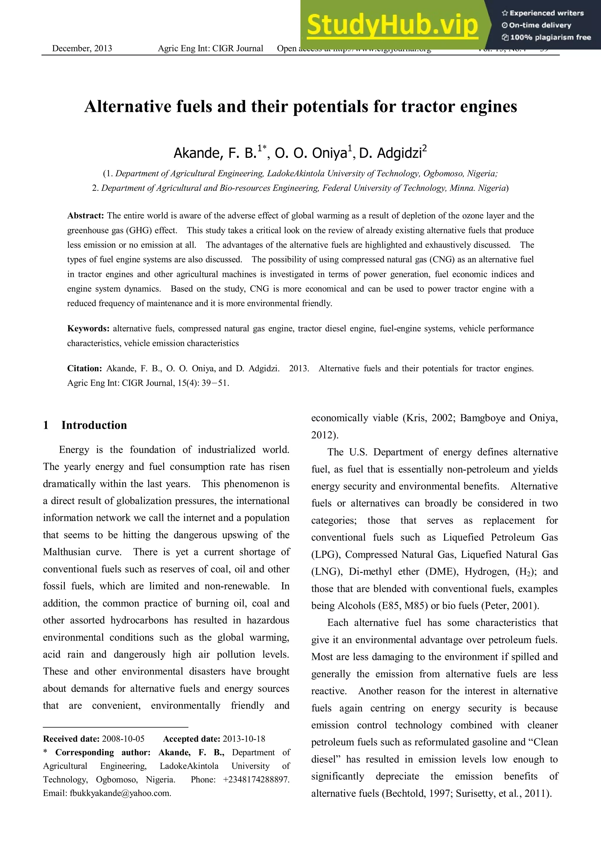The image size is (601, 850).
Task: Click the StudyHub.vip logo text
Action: coord(393,25)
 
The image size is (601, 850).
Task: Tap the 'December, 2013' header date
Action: coord(82,48)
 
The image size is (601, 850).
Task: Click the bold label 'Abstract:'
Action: coord(85,216)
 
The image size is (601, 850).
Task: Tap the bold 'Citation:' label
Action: coord(85,369)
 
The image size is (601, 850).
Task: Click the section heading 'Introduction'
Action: coord(94,425)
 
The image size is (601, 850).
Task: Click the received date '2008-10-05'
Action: coord(123,739)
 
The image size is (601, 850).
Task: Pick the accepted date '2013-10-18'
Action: coord(244,739)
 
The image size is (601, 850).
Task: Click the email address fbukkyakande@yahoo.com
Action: coord(120,793)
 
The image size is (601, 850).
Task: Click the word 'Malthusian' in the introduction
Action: coord(67,552)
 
